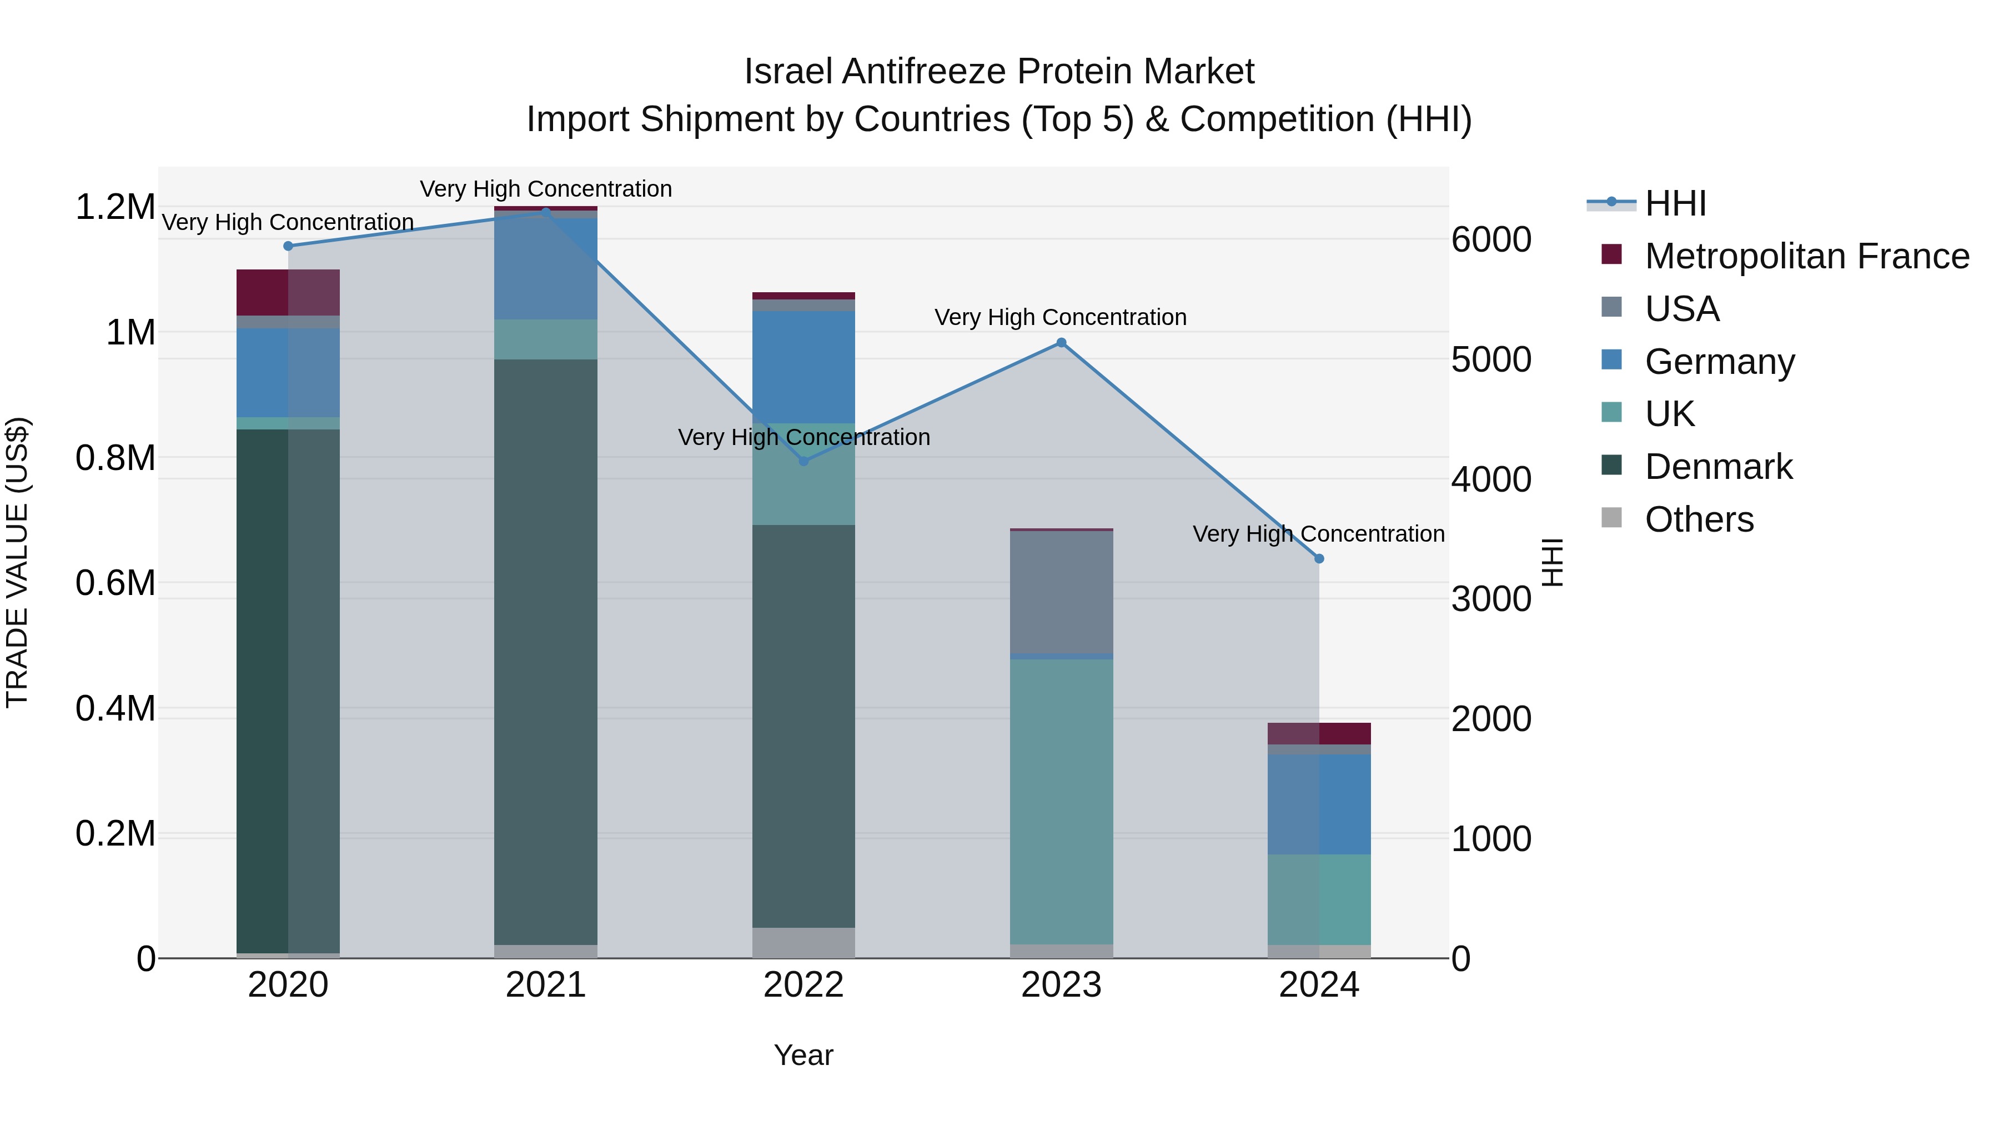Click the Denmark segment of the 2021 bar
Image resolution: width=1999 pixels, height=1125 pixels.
[545, 652]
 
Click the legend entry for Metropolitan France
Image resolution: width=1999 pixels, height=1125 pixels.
[1806, 256]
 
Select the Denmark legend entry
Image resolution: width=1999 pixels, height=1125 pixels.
[1718, 467]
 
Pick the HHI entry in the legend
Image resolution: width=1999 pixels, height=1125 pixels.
[1675, 203]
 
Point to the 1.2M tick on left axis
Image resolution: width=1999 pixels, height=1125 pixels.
[115, 207]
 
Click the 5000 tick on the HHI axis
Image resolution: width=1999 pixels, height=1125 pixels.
[1491, 359]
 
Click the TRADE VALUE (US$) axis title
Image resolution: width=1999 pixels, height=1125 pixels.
[18, 562]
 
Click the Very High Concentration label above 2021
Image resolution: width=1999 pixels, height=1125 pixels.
[545, 189]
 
